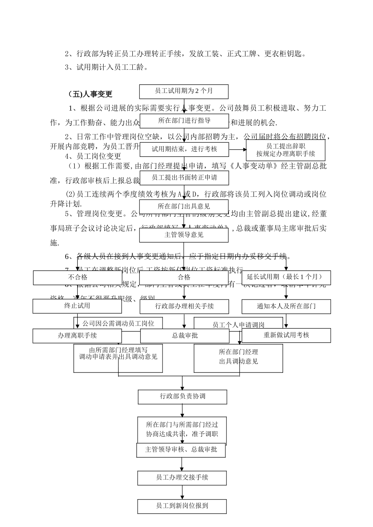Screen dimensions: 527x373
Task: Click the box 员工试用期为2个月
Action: (184, 91)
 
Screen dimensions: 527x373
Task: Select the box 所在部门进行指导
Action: (184, 121)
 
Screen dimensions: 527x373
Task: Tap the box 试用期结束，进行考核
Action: (184, 149)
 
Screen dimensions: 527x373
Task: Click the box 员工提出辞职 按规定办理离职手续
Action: (285, 150)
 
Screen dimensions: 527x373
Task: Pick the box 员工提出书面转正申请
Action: (184, 178)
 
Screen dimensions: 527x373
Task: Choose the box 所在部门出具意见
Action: (184, 206)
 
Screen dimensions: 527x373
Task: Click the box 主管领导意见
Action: (184, 235)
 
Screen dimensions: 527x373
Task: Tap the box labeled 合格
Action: (184, 278)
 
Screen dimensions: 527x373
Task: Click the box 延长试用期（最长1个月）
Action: (286, 278)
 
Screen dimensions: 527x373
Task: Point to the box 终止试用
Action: (77, 306)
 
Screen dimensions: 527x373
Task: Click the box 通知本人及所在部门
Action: (286, 306)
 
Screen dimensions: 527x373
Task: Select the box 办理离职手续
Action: (77, 336)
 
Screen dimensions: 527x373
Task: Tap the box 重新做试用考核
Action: (286, 335)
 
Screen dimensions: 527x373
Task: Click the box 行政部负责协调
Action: (183, 397)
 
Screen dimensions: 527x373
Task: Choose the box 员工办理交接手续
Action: (182, 478)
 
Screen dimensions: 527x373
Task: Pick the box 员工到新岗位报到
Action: (182, 506)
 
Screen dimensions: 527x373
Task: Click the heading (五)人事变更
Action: (90, 94)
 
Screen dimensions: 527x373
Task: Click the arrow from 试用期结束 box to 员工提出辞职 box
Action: (237, 149)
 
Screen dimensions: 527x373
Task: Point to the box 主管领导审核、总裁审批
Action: (181, 450)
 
